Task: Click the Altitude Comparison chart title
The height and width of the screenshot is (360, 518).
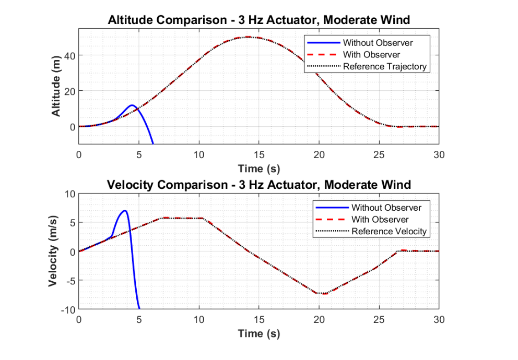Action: coord(258,20)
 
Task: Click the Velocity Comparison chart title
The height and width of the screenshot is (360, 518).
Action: coord(258,185)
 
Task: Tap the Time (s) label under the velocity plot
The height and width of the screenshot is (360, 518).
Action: coord(258,333)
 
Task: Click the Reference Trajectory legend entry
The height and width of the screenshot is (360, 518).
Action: coord(384,66)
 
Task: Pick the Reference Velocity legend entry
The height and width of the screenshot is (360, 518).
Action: coord(389,231)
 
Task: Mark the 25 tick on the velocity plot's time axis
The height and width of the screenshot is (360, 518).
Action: coord(379,320)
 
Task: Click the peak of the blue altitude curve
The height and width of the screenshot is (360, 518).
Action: coord(132,105)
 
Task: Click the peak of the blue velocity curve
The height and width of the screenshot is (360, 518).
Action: coord(125,211)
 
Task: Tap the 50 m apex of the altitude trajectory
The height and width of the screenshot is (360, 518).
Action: coord(249,37)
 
